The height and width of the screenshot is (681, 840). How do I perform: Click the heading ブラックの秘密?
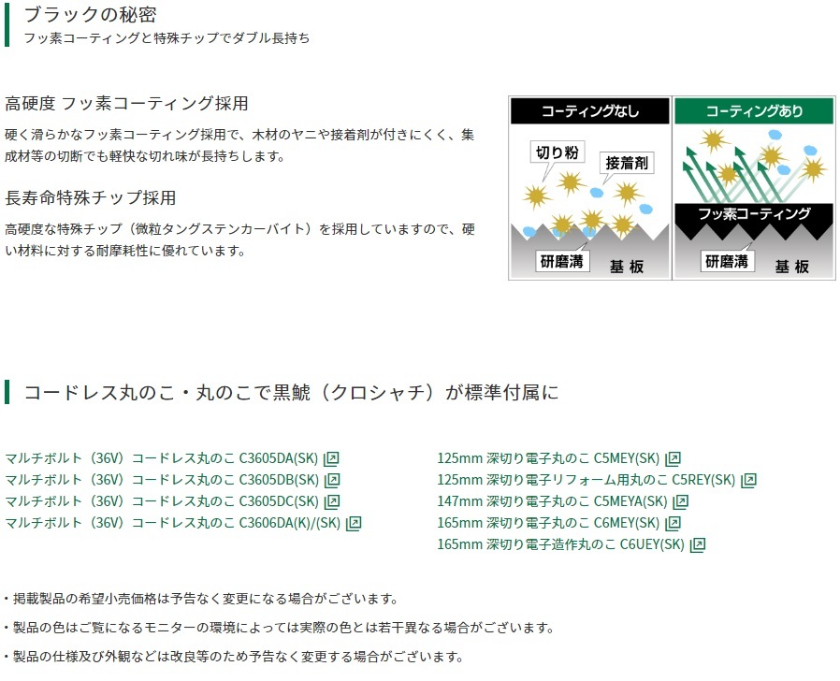coord(90,14)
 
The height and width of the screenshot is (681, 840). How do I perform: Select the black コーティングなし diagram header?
coord(590,111)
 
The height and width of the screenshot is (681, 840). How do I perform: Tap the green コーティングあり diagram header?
coord(754,111)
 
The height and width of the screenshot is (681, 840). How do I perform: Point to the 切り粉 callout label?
coord(558,152)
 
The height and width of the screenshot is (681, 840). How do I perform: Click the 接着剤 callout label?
coord(626,163)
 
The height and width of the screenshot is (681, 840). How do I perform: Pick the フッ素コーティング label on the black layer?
coord(754,214)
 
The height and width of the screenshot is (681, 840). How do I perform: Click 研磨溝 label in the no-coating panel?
coord(562,262)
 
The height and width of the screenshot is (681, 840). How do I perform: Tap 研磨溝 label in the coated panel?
coord(727,262)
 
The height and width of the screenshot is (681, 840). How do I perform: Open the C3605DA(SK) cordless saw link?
coord(171,458)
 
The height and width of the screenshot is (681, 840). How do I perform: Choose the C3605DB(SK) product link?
coord(172,480)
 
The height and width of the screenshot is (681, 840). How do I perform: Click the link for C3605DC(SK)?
coord(172,501)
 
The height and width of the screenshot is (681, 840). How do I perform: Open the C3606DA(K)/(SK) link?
coord(182,523)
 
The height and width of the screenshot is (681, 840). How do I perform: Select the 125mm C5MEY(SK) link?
coord(558,458)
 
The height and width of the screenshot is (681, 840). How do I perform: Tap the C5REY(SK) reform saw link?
coord(597,480)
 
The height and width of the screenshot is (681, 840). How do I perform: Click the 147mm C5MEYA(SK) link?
coord(562,501)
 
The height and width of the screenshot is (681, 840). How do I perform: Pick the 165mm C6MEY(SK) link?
coord(558,523)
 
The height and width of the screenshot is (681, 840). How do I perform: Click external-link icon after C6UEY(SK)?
coord(698,545)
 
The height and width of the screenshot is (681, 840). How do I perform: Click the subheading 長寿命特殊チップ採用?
coord(91,197)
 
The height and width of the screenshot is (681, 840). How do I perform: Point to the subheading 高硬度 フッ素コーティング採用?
coord(126,103)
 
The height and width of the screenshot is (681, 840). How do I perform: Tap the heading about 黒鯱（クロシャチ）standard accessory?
coord(291,392)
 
